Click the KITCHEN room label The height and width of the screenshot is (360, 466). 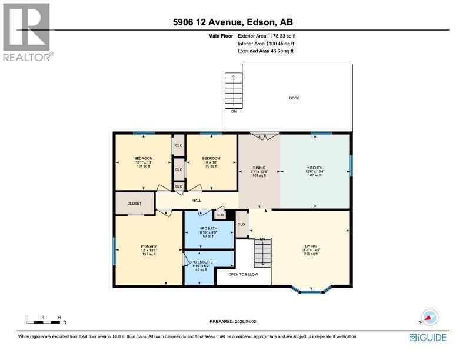pyautogui.click(x=314, y=168)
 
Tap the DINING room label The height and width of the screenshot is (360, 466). pyautogui.click(x=259, y=168)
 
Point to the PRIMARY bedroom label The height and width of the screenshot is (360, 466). pyautogui.click(x=148, y=246)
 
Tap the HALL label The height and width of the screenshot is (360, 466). pyautogui.click(x=197, y=201)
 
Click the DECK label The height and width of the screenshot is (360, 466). pyautogui.click(x=294, y=98)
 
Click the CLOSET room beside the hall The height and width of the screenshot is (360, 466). pyautogui.click(x=135, y=204)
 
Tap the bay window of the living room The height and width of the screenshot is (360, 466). pyautogui.click(x=312, y=289)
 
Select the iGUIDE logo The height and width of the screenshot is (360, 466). pyautogui.click(x=428, y=337)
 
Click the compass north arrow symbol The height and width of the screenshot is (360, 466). pyautogui.click(x=430, y=317)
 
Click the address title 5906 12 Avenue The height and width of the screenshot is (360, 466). pyautogui.click(x=232, y=22)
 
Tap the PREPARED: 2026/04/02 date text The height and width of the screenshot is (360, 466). pyautogui.click(x=234, y=321)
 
